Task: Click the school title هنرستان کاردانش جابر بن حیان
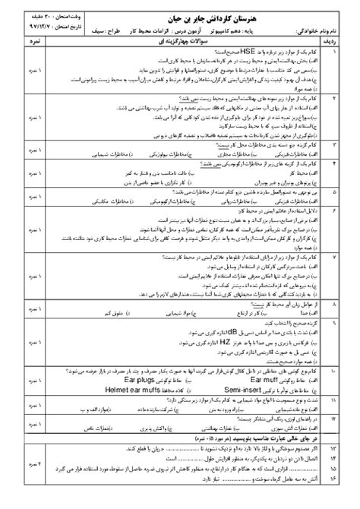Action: pos(182,16)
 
